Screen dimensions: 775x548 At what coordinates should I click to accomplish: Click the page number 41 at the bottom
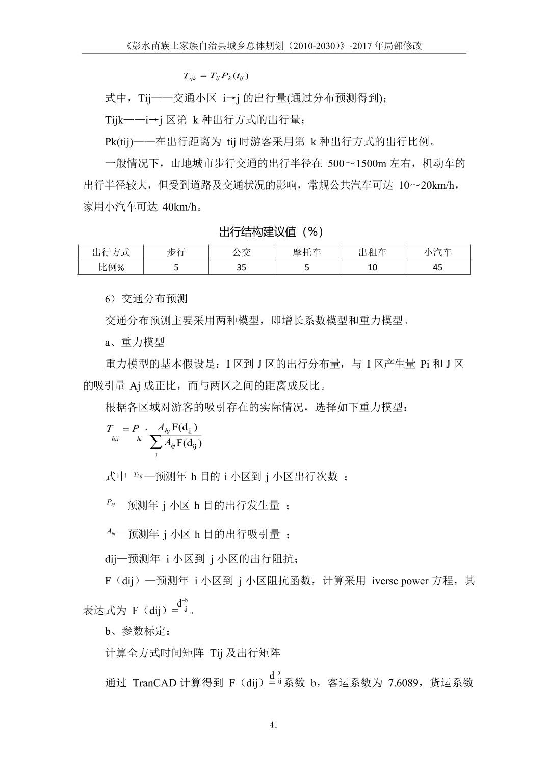[274, 726]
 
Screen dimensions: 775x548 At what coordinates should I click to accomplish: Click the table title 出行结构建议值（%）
[271, 232]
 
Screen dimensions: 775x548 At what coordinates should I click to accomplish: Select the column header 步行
[176, 252]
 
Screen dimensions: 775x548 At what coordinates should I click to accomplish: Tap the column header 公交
[241, 252]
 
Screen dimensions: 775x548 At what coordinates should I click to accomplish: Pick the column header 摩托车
[307, 252]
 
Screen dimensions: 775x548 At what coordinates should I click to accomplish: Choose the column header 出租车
[372, 252]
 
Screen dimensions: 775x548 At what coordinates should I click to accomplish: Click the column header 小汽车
[437, 252]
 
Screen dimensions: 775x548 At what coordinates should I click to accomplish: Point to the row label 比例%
[111, 267]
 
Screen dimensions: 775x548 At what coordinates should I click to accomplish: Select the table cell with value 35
[241, 267]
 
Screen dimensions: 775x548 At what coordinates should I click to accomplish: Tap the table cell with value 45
[437, 267]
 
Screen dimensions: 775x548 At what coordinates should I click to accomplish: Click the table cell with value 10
[372, 267]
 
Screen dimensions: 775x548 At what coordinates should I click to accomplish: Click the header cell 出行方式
[111, 252]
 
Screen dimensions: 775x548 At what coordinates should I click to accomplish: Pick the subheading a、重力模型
[135, 342]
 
